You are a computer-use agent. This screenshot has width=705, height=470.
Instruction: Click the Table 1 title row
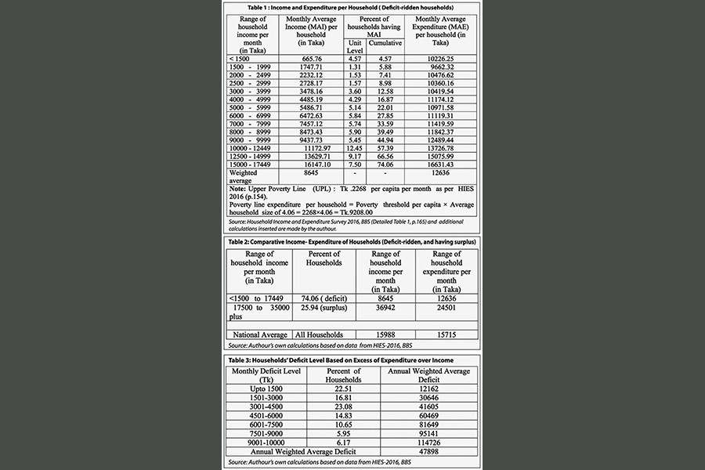point(351,7)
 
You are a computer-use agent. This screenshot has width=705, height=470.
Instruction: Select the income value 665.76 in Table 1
point(312,59)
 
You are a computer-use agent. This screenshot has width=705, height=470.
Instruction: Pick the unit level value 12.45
point(355,149)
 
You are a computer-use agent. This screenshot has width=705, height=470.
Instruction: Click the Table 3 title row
point(351,359)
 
